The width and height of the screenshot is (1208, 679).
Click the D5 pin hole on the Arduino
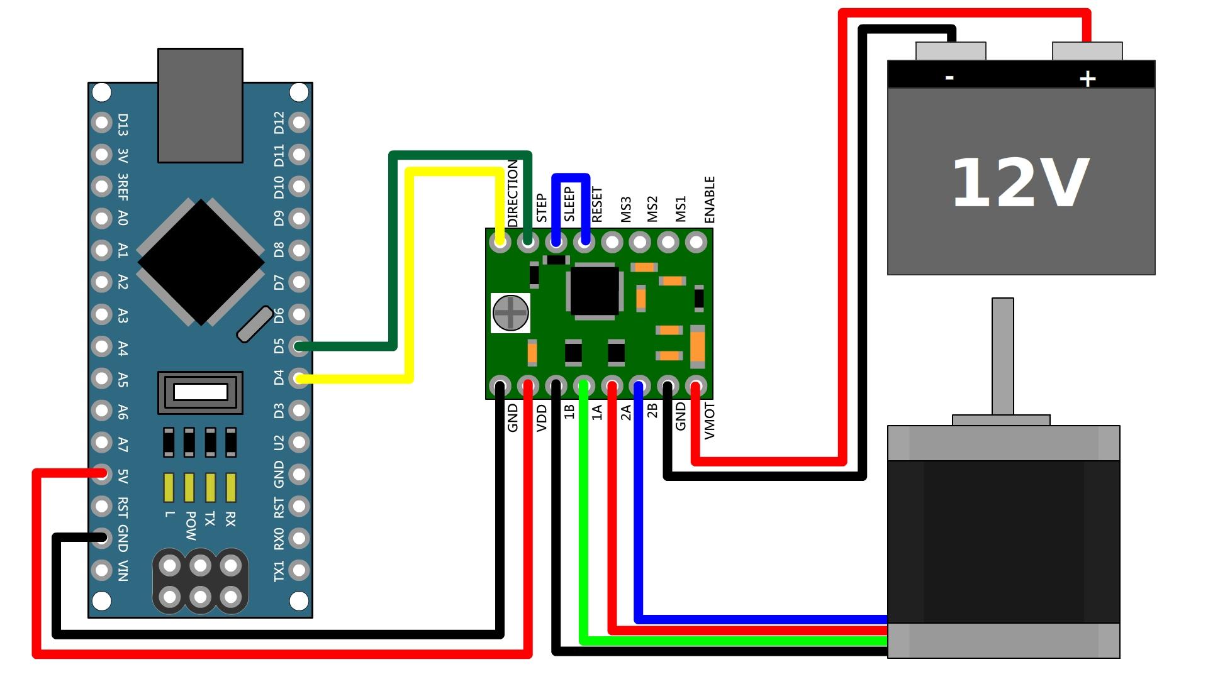point(299,346)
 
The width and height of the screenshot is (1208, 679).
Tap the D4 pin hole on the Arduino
point(299,378)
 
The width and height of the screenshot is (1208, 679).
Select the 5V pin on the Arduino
point(101,474)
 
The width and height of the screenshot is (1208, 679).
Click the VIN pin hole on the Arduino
point(101,570)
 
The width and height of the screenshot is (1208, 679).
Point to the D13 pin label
point(123,124)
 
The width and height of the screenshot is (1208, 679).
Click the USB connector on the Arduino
point(200,105)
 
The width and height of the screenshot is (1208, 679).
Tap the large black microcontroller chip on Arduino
point(201,262)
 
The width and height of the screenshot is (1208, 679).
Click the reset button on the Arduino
point(200,392)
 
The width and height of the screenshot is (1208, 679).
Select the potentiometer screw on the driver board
point(510,312)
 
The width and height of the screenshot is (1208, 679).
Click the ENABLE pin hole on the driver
point(695,242)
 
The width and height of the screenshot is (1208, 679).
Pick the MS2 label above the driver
point(652,209)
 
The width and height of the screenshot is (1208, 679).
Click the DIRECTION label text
point(513,193)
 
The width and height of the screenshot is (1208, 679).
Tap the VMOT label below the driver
point(710,421)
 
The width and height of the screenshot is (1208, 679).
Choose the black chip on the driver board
point(595,290)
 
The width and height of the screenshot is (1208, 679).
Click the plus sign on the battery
point(1087,79)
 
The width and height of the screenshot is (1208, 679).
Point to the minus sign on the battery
point(949,77)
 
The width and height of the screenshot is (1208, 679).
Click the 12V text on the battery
point(1019,183)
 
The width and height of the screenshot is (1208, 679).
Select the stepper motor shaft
point(1002,355)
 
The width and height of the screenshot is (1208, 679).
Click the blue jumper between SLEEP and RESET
point(571,177)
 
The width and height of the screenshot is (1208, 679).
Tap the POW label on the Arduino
point(190,526)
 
